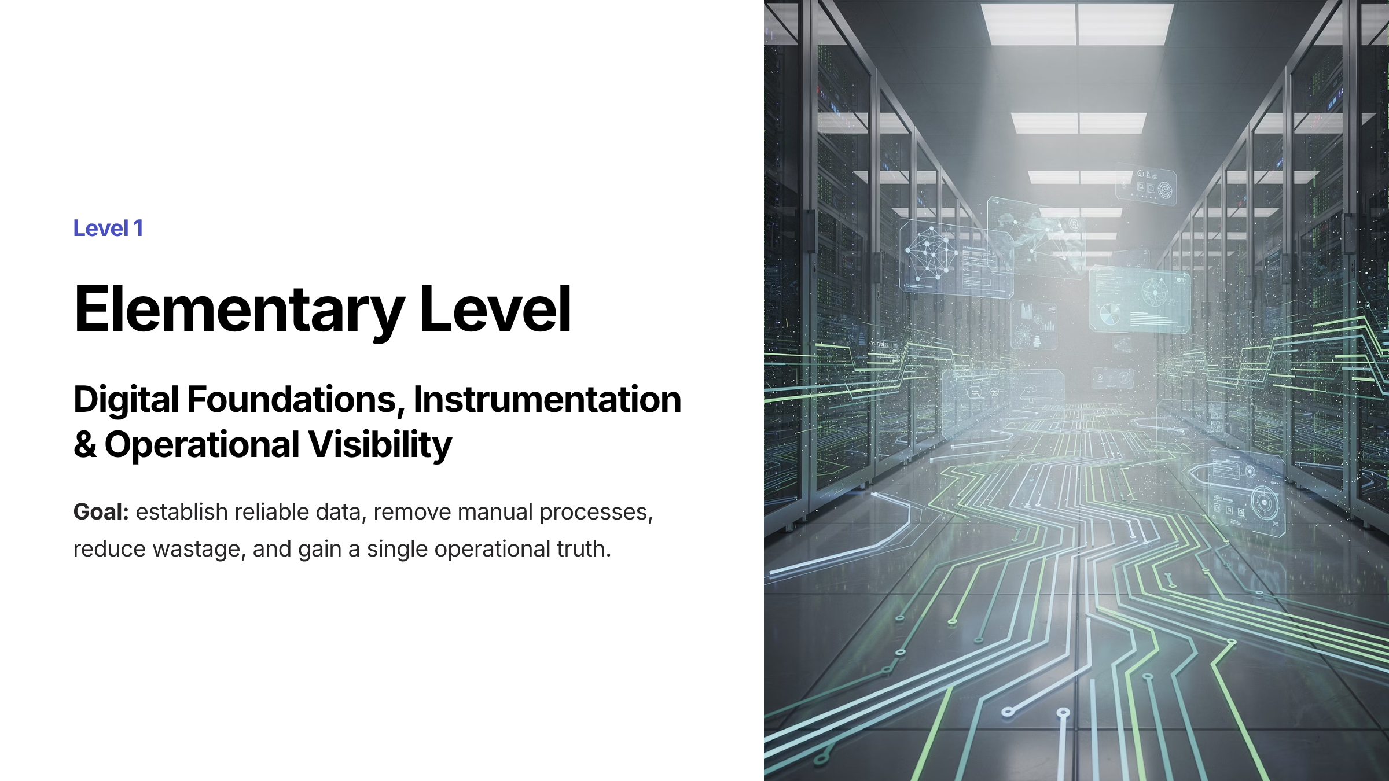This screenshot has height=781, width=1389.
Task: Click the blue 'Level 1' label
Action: pos(108,229)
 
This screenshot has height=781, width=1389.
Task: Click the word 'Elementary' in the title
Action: pos(239,311)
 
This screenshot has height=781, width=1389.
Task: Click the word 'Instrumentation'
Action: pos(547,399)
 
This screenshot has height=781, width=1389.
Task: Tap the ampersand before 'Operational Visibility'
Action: pos(85,445)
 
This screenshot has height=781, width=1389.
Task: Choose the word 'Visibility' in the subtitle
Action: pos(380,445)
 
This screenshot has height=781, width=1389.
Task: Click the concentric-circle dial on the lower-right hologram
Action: pos(1264,501)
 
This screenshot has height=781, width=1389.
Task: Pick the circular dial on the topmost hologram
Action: pos(1164,189)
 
